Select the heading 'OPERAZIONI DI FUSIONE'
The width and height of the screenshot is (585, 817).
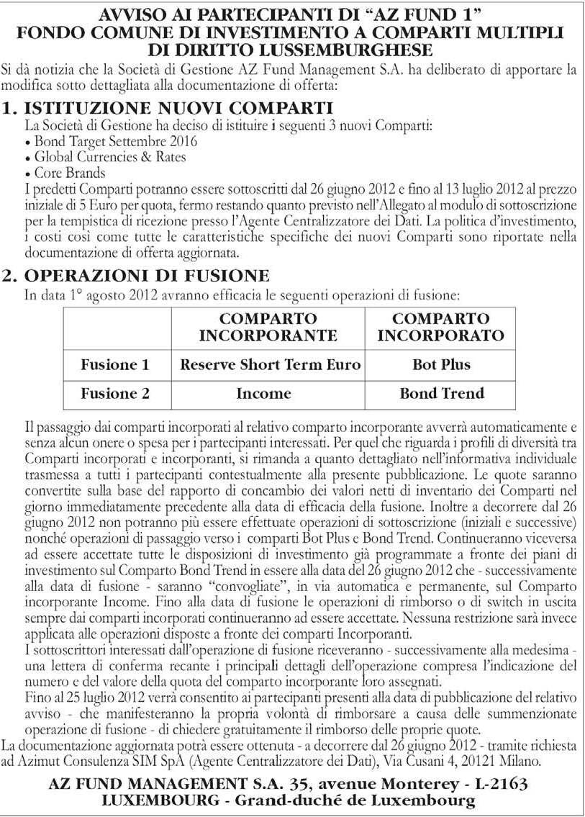(x=147, y=276)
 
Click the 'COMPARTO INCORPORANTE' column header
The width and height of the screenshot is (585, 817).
(x=268, y=328)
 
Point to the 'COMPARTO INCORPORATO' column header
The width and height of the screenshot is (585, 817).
(x=440, y=328)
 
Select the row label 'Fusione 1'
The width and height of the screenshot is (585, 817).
(x=115, y=365)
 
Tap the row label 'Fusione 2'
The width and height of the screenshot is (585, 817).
(x=115, y=394)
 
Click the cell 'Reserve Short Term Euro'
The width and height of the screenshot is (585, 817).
(x=270, y=365)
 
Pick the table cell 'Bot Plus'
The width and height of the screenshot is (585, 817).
(x=441, y=365)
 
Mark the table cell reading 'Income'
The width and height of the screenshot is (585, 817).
(x=263, y=394)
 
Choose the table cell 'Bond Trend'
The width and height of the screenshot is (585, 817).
(x=442, y=394)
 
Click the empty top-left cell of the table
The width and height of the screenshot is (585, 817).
(x=116, y=328)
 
